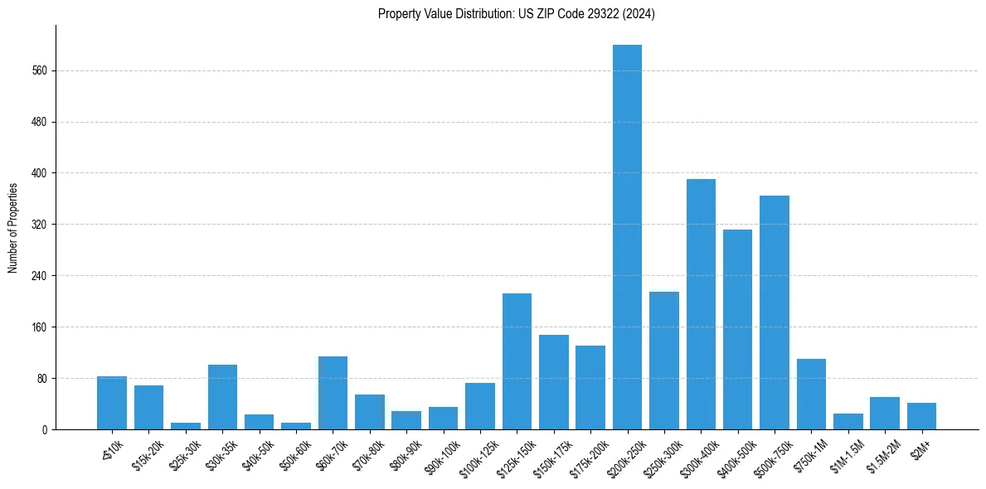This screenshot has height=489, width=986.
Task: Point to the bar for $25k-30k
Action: pos(186,426)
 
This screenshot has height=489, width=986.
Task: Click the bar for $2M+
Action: pos(921,416)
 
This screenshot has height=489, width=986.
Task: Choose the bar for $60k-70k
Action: pos(333,393)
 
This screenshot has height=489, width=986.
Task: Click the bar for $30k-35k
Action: pos(222,397)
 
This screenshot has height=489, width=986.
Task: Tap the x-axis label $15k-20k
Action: pos(148,453)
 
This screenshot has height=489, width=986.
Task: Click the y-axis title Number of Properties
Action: pos(13,228)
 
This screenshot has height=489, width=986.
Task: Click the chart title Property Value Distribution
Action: pos(516,14)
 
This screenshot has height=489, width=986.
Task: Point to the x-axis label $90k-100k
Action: pos(443,453)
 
